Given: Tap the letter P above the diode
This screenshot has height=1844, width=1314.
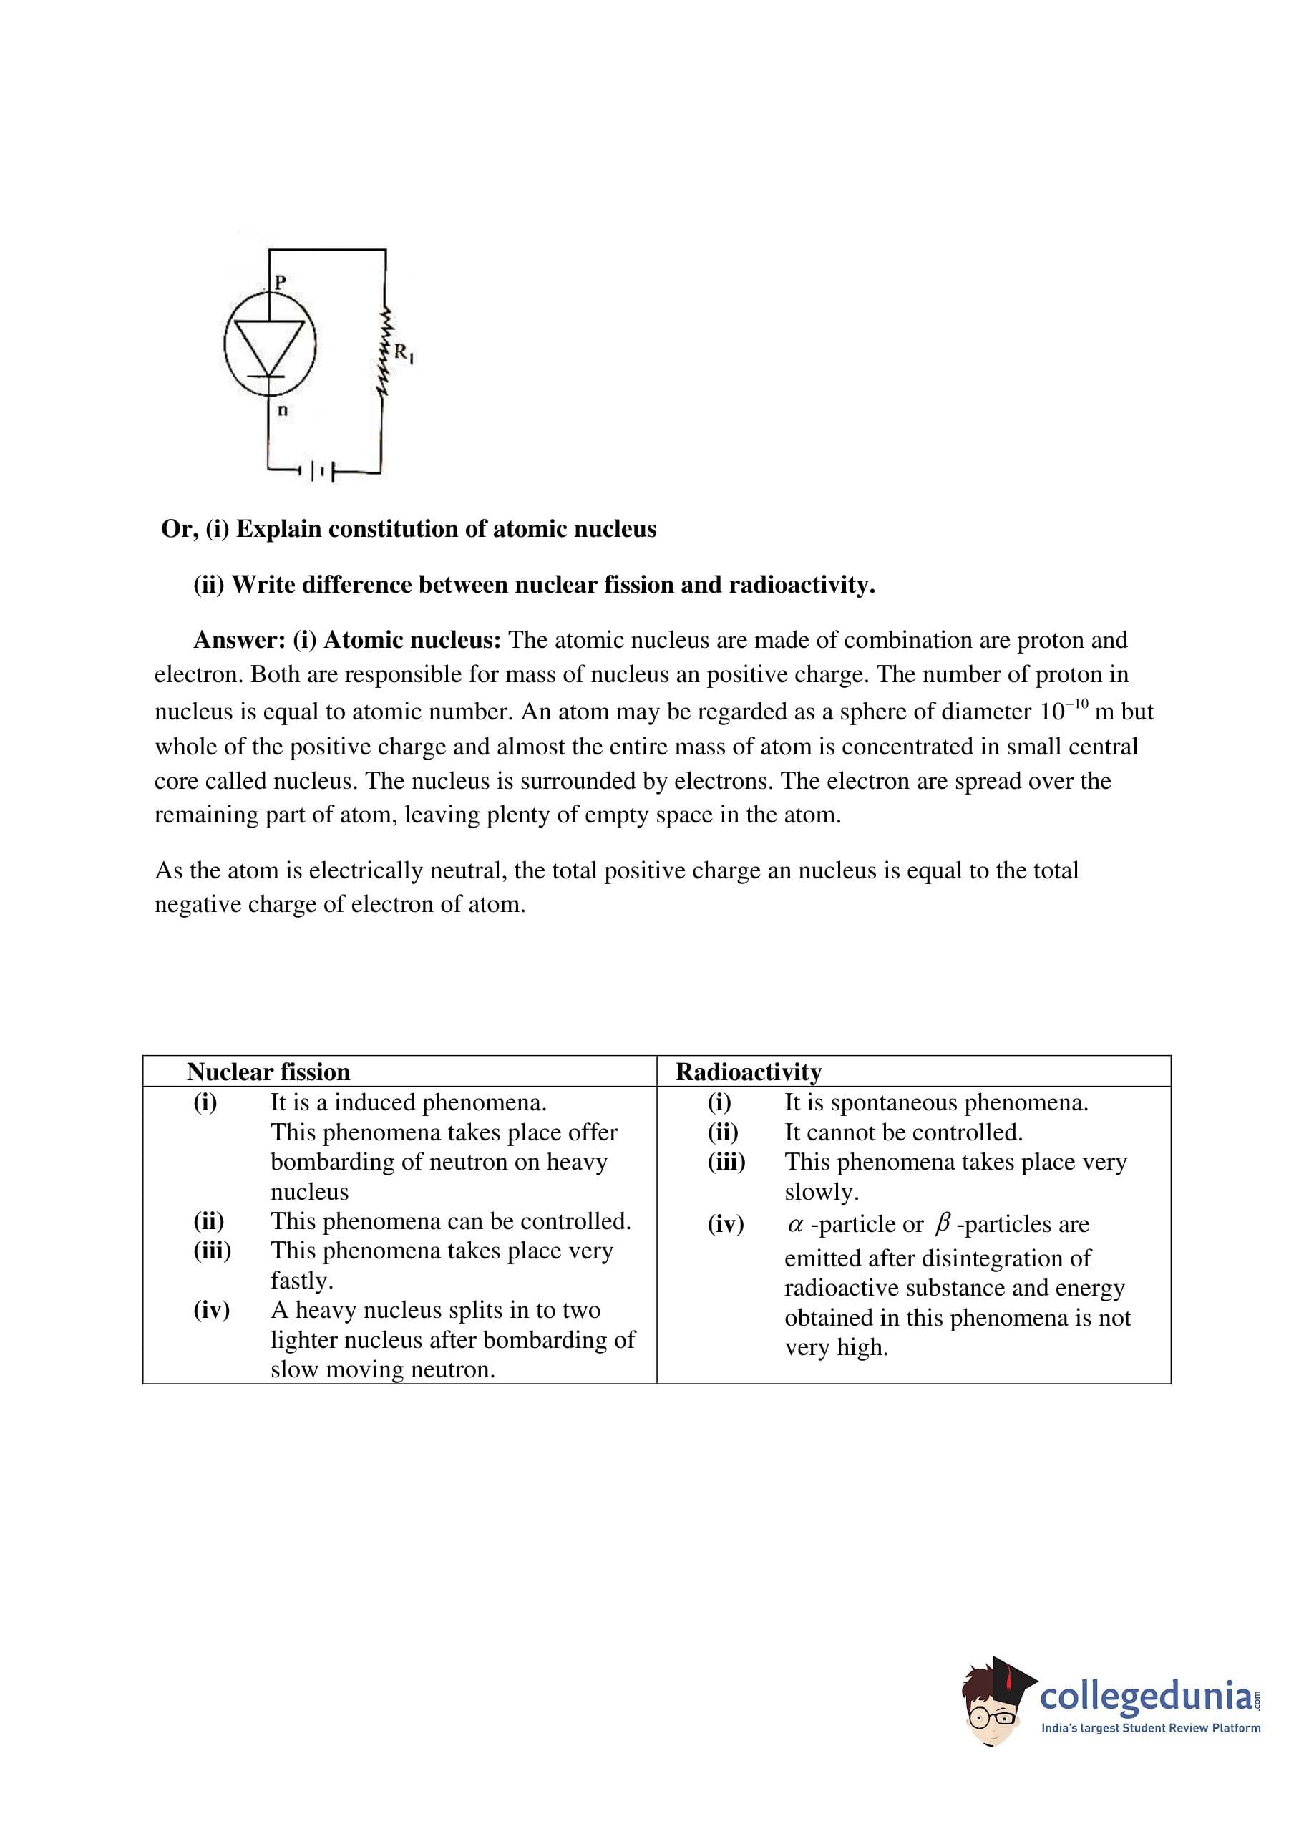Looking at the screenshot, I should click(x=280, y=282).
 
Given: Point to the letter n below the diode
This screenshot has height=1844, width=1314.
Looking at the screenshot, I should click(x=283, y=410).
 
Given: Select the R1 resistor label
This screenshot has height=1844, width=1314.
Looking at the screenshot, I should click(x=403, y=354).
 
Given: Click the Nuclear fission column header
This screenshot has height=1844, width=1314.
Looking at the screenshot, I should click(x=268, y=1072).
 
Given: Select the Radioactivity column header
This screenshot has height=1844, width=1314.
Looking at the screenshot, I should click(x=749, y=1072).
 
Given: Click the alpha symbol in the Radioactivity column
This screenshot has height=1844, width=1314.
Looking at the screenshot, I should click(x=794, y=1225).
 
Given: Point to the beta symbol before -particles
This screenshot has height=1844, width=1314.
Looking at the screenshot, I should click(x=941, y=1225).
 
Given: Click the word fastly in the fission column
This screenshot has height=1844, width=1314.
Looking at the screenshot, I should click(x=301, y=1281).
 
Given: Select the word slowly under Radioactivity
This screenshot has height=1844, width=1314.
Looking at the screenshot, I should click(x=822, y=1192).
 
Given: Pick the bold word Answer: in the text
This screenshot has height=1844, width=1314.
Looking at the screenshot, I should click(x=240, y=640).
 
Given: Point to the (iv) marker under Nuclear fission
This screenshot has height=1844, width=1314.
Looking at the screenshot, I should click(x=211, y=1310).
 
